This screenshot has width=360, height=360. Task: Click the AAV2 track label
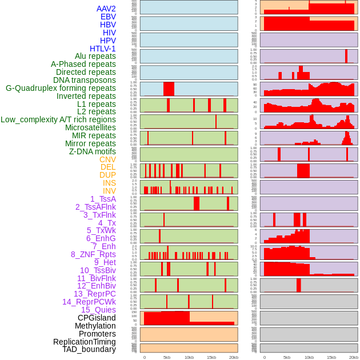[106, 9]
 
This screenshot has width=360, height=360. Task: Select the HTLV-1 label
[102, 49]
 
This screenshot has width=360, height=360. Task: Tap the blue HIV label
[109, 33]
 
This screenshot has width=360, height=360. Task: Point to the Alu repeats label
[95, 56]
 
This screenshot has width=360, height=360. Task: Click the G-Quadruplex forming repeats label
[61, 88]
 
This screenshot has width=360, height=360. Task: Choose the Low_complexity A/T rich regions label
[58, 119]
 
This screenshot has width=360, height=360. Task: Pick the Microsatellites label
[90, 127]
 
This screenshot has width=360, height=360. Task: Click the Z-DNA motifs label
[92, 151]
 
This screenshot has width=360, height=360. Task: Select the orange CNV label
[107, 159]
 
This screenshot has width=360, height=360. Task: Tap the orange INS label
[109, 183]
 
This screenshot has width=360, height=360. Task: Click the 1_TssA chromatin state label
[103, 199]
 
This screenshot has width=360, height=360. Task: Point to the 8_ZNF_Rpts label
[93, 254]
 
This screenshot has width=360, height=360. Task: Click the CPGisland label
[97, 318]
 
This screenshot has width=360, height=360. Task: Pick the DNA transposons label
[85, 80]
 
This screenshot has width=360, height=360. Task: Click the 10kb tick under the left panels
[189, 357]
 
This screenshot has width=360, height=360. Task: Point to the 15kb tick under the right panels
[331, 357]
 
